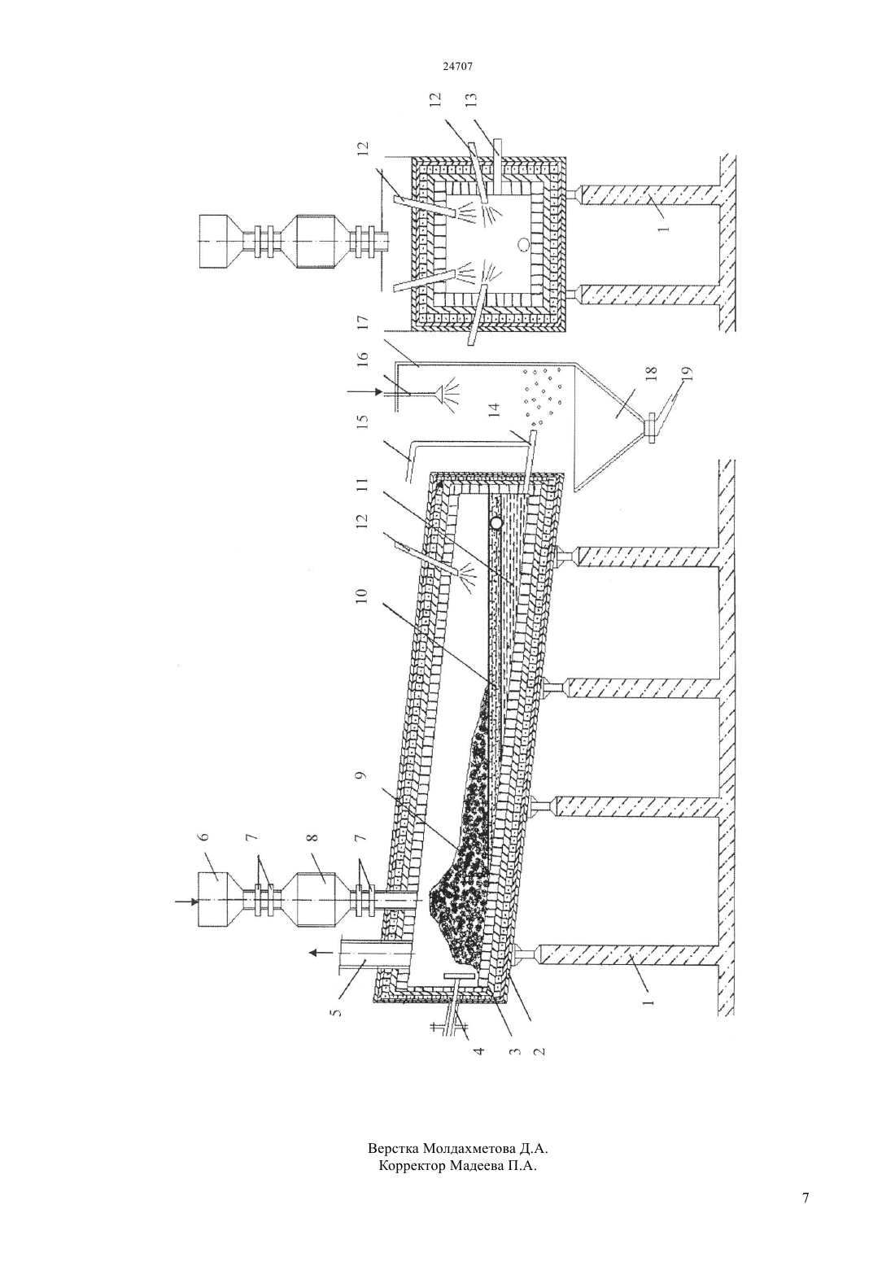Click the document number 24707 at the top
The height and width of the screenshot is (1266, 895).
click(x=457, y=66)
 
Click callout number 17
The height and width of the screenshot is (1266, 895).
click(x=363, y=322)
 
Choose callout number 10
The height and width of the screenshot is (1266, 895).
click(x=363, y=596)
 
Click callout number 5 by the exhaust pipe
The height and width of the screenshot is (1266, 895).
click(x=338, y=1010)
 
